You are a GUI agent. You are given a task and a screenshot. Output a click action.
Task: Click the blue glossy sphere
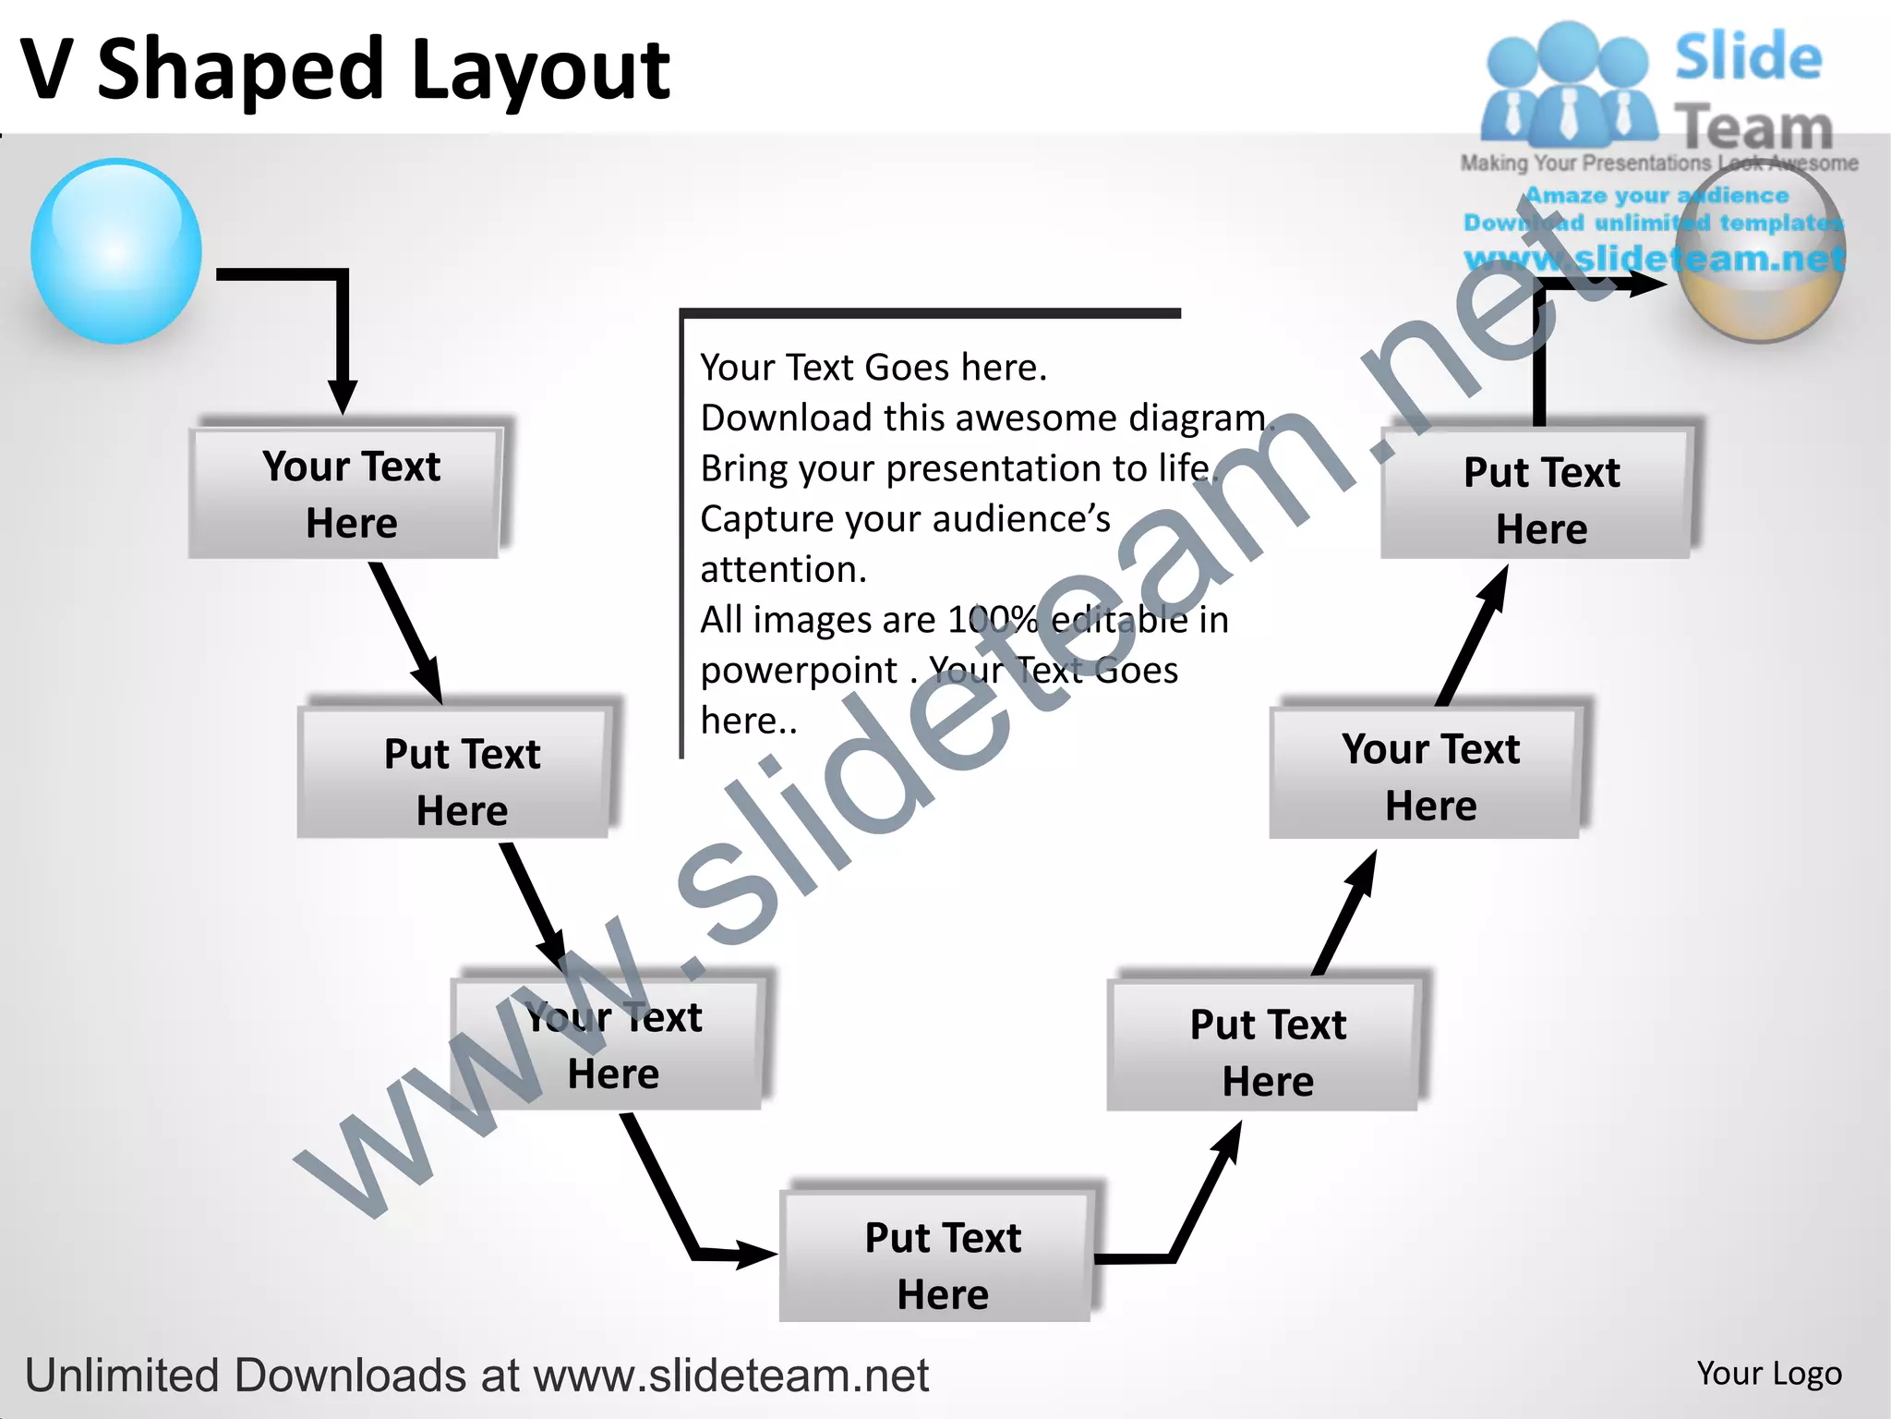tap(116, 251)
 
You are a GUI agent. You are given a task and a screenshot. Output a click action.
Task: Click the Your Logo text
tap(1768, 1373)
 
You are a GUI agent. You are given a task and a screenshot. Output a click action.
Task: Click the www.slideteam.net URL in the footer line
tap(730, 1375)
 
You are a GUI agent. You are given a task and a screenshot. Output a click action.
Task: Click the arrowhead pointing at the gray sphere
tap(1644, 284)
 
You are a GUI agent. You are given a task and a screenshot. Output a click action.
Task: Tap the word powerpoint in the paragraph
tap(799, 670)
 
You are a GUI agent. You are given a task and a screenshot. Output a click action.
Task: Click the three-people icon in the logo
tap(1566, 85)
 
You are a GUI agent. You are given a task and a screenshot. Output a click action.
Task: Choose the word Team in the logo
tap(1752, 127)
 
